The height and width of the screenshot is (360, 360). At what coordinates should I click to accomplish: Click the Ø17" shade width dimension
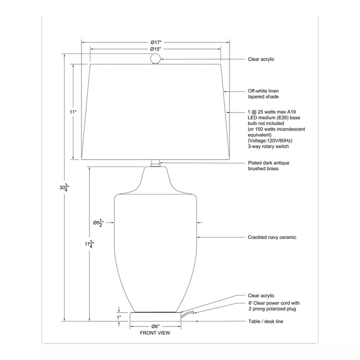tap(156, 42)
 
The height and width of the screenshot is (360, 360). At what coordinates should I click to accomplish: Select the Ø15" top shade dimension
tap(155, 49)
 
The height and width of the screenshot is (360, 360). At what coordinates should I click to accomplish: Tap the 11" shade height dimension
tap(73, 112)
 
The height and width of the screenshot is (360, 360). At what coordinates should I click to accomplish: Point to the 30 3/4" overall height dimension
tap(64, 187)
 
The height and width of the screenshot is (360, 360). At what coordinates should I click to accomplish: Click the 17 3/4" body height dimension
tap(89, 244)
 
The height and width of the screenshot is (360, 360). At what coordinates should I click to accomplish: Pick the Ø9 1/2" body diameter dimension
tap(98, 222)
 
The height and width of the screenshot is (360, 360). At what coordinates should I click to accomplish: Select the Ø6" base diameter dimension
tap(155, 326)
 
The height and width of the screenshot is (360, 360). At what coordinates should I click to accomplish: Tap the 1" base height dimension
tap(119, 318)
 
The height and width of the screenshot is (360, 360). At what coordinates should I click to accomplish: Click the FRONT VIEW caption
tap(155, 333)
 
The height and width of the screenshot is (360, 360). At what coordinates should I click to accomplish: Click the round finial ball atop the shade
tap(155, 58)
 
